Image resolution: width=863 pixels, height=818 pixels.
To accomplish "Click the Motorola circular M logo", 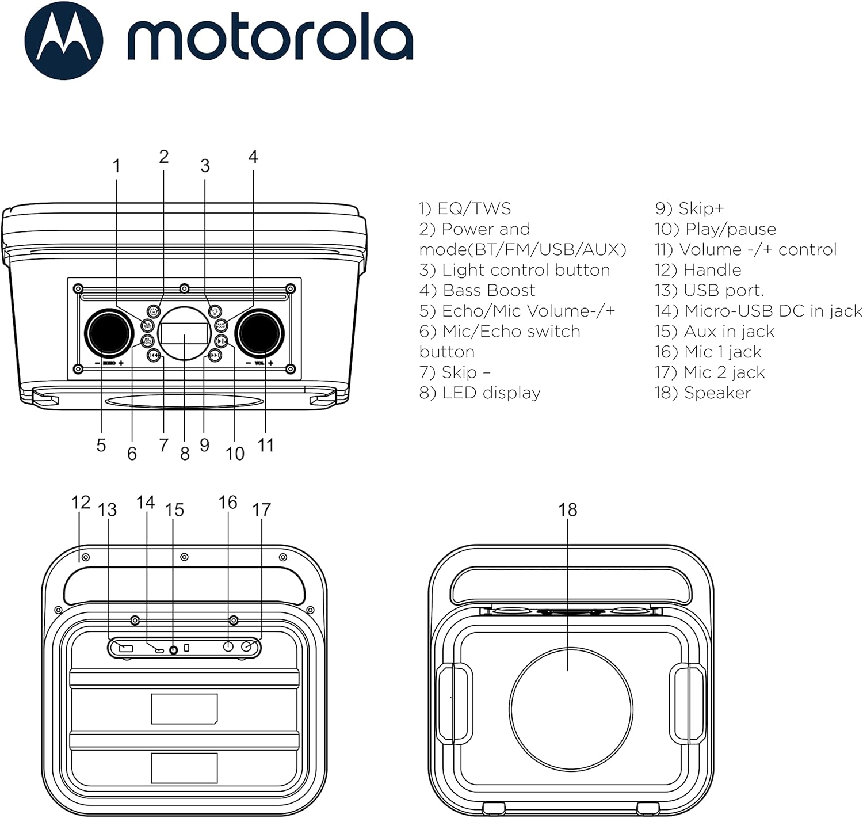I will point(63,41).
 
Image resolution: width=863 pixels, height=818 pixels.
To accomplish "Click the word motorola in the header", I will point(269,40).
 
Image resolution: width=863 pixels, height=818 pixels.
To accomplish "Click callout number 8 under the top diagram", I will point(185,454).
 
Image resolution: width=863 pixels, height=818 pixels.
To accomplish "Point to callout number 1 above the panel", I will point(117,166).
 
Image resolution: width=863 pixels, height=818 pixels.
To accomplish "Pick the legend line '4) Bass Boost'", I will point(477,291).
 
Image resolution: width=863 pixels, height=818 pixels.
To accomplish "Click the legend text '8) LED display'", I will point(480,393).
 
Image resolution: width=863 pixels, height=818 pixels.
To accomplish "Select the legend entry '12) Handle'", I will point(697,270).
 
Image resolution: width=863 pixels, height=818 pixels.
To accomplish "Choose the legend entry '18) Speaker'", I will point(702,393).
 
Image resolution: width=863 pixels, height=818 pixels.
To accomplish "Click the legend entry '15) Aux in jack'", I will point(714,332).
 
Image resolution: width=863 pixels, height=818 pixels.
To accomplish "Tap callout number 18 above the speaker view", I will point(567,509).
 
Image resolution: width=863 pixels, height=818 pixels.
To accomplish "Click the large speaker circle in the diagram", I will point(571,709).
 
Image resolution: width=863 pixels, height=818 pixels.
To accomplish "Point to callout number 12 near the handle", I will point(81,503).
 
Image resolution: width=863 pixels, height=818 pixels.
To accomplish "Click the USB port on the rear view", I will point(126,649).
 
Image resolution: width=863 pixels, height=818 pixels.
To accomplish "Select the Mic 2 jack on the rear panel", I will point(247,647).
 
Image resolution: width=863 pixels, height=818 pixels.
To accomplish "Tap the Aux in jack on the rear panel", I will point(173,650).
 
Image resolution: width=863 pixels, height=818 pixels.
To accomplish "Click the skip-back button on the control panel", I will point(154,356).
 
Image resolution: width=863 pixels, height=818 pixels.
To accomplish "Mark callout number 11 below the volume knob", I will point(265,446).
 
